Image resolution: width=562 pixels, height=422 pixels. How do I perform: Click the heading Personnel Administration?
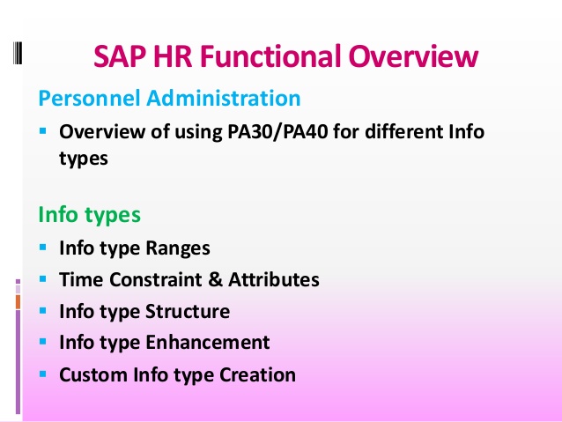click(x=170, y=97)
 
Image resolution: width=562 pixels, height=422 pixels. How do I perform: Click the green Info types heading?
click(x=90, y=214)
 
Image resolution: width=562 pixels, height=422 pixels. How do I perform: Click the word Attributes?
click(x=274, y=280)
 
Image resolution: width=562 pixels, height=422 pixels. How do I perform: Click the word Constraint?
click(x=146, y=280)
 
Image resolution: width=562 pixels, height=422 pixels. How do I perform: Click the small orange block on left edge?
click(x=18, y=301)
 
